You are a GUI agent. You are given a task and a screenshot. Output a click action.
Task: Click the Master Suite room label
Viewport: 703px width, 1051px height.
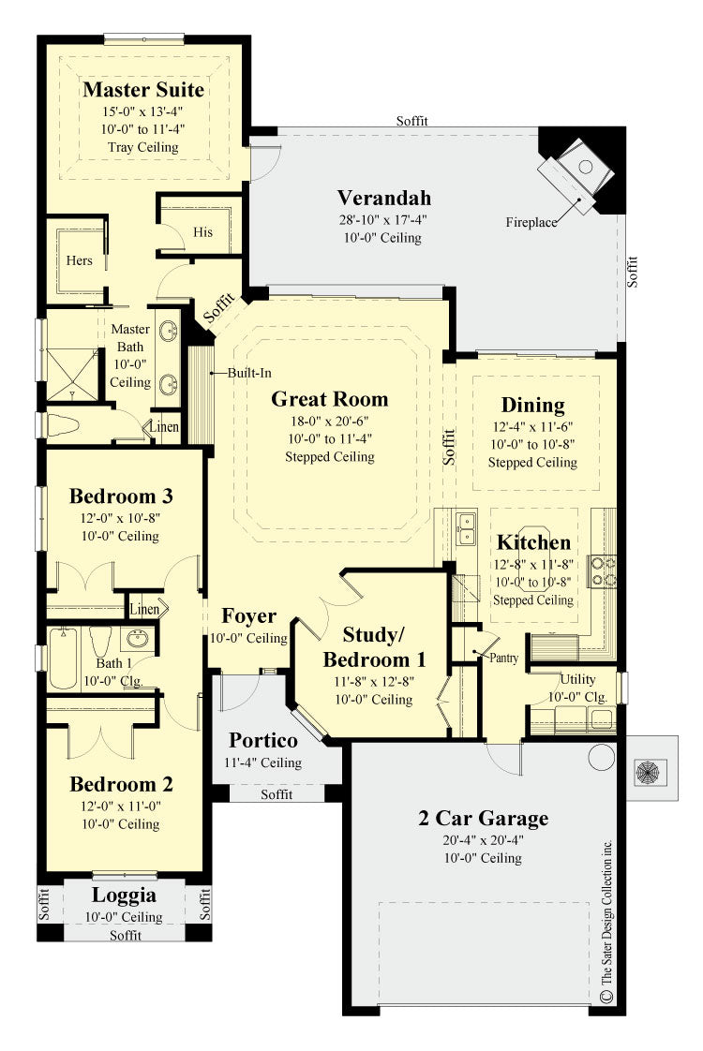(143, 90)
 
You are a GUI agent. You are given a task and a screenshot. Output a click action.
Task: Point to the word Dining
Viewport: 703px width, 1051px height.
(532, 405)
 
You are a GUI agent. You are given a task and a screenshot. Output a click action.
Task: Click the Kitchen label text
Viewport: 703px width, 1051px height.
(532, 542)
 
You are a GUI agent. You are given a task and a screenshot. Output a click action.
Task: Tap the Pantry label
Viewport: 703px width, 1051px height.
(503, 659)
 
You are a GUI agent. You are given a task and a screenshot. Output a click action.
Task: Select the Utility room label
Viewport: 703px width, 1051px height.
(577, 678)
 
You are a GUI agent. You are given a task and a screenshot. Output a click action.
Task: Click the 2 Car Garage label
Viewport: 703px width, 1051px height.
(483, 818)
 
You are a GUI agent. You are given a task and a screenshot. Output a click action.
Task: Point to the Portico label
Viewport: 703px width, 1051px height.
(263, 740)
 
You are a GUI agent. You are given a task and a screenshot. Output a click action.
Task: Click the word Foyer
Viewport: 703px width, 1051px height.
(248, 615)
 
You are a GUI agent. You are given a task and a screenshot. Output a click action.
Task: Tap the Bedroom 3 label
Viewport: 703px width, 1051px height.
(121, 496)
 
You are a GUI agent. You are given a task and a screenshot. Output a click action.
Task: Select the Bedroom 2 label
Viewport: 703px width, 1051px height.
(121, 783)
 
